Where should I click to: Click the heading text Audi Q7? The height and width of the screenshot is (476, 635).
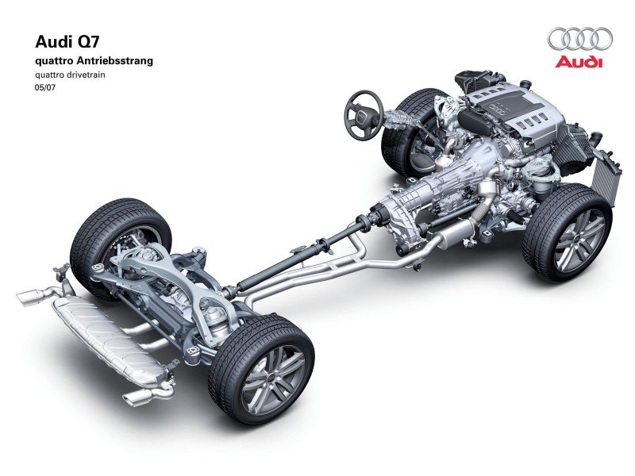click(67, 42)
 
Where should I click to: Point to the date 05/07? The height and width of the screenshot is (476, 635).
click(45, 87)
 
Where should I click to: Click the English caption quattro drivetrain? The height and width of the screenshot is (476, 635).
click(70, 75)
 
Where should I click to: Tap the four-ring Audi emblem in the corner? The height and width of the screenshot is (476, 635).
click(580, 39)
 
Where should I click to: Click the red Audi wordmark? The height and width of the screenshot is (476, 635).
click(579, 62)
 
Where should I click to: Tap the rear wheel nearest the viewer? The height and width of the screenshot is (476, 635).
click(261, 367)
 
